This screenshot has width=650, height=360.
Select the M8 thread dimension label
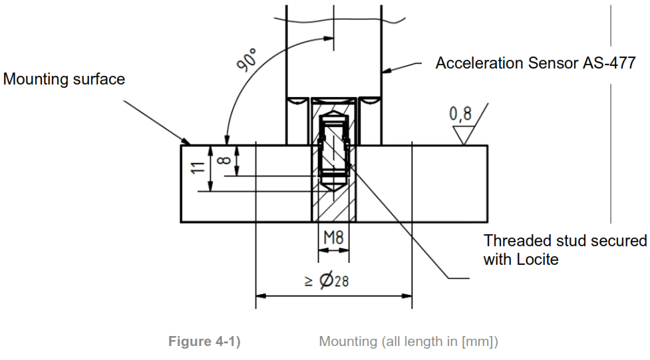point(333,237)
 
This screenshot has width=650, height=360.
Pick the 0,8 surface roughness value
point(460,114)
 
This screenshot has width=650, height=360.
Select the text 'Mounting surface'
point(64,79)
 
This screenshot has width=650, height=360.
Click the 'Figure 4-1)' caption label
point(204,341)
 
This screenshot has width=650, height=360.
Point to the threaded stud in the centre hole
point(333,150)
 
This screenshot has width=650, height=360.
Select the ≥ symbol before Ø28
point(308,281)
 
